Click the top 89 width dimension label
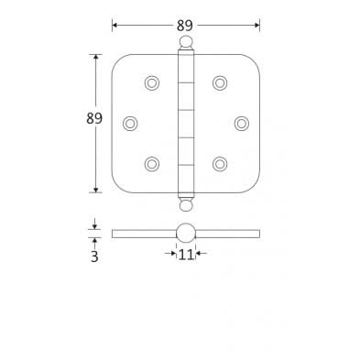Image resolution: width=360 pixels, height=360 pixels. pos(185,25)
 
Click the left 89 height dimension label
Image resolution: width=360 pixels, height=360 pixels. pos(93,118)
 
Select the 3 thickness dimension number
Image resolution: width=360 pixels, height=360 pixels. pos(94,256)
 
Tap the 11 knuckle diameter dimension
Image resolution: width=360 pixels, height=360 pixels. pos(186,255)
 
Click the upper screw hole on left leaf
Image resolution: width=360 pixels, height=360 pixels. pos(151,83)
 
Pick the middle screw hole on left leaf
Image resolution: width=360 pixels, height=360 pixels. pos(130,123)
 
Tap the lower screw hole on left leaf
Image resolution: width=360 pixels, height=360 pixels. pos(151,164)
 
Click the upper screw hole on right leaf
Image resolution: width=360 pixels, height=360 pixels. pos(220,83)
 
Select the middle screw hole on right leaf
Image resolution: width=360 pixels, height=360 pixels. pos(241,123)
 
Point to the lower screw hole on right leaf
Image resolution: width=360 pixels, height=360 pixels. pos(220,164)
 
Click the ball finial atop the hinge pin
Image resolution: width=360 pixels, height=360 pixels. pos(186,42)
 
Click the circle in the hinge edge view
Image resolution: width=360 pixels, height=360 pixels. pos(186,233)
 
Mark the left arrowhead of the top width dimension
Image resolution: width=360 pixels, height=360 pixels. pos(115,25)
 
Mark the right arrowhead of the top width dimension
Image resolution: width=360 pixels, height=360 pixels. pos(256,25)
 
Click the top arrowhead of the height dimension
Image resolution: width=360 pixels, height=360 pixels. pos(94,57)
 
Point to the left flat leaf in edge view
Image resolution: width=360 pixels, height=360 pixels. pos(143,234)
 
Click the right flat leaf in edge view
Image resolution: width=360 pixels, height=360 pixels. pos(228,234)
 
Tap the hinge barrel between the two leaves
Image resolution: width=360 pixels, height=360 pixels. pos(186,123)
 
